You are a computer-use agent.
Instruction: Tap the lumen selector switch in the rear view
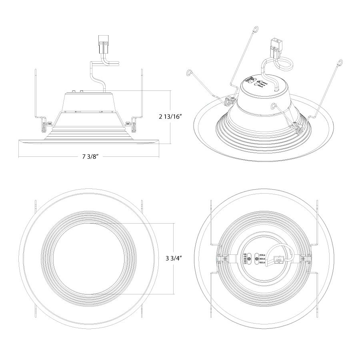[258, 259]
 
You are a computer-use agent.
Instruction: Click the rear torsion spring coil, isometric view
[230, 100]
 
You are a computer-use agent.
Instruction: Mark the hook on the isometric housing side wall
[274, 106]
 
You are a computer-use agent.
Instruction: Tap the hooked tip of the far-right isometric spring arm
[341, 62]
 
